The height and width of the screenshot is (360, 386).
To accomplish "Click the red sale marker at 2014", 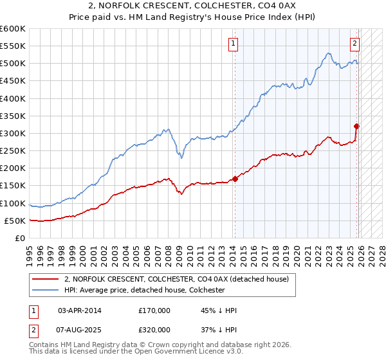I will [235, 179].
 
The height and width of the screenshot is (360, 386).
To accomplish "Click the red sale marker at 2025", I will [356, 127].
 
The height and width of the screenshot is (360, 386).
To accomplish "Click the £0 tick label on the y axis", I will [19, 239].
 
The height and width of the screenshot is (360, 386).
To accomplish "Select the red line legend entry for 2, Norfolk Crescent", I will [180, 279].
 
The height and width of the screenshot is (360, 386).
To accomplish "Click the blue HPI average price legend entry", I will [152, 290].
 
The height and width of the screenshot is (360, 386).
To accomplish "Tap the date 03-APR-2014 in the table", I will [79, 310].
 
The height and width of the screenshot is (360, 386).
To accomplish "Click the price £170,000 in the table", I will [154, 310].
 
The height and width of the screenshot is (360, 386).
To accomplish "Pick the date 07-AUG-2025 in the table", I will [79, 329].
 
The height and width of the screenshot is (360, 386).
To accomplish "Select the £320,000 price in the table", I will [154, 329].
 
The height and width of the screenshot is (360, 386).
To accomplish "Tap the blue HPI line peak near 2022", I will [328, 53].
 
